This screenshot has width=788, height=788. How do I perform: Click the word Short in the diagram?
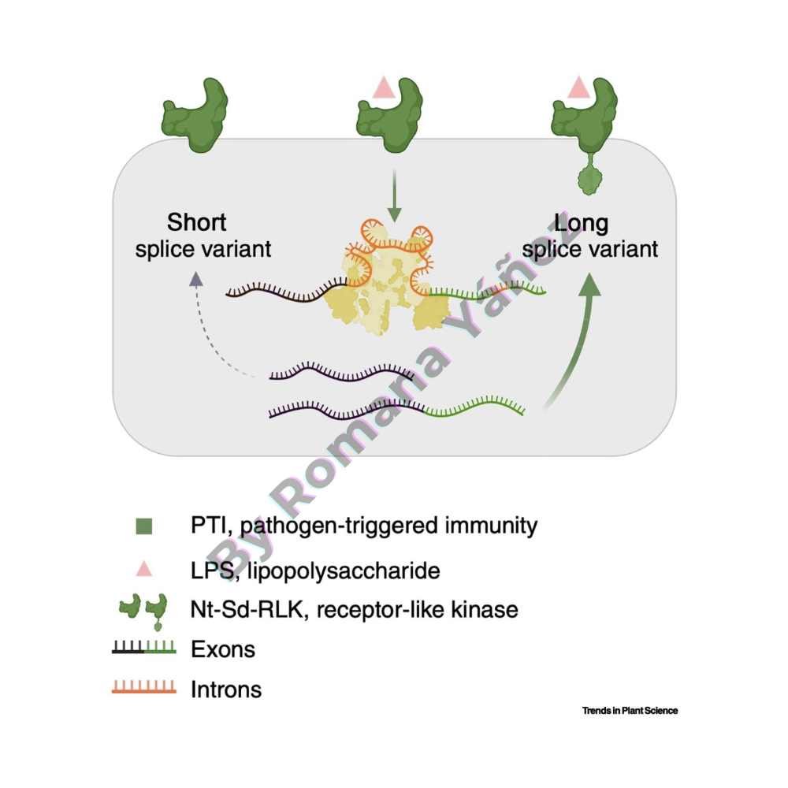click(196, 222)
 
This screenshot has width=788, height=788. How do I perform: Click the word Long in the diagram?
click(582, 223)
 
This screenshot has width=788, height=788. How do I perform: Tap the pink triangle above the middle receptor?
click(385, 86)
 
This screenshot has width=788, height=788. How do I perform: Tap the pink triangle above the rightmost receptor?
click(578, 86)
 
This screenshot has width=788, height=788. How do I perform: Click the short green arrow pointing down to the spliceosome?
click(394, 201)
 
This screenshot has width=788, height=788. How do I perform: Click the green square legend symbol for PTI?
click(143, 526)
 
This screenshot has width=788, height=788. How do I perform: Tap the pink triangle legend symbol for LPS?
click(143, 567)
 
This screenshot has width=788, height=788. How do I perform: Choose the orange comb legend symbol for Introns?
click(143, 687)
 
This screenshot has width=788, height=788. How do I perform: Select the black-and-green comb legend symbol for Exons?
click(143, 649)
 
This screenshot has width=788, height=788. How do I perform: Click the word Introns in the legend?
click(226, 689)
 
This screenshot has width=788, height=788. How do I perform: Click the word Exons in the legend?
click(223, 649)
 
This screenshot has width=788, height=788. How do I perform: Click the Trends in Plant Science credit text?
click(630, 711)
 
